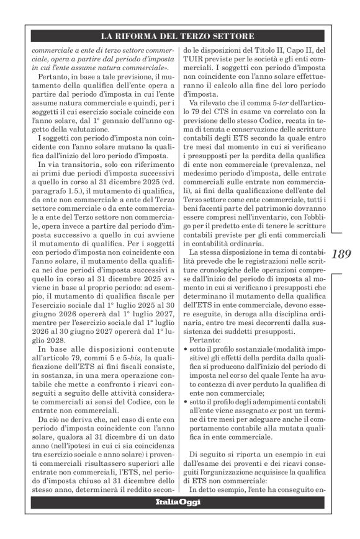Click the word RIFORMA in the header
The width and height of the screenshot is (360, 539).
(146, 37)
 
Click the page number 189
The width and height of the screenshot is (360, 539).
(341, 254)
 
